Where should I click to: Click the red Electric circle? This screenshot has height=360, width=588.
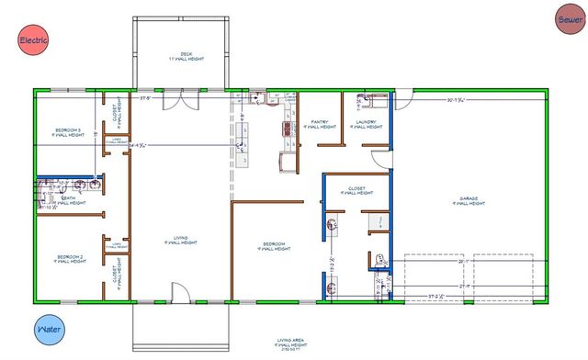pyautogui.click(x=33, y=39)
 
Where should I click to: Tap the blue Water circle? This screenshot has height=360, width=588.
pyautogui.click(x=49, y=328)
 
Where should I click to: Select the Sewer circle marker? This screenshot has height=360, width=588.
pyautogui.click(x=568, y=17)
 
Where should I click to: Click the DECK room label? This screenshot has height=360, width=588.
pyautogui.click(x=187, y=56)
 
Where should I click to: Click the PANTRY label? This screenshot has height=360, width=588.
pyautogui.click(x=320, y=123)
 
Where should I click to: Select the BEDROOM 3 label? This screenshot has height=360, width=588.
pyautogui.click(x=66, y=132)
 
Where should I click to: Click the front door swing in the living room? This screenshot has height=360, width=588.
pyautogui.click(x=181, y=293)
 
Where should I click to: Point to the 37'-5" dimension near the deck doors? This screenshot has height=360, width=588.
pyautogui.click(x=144, y=96)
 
